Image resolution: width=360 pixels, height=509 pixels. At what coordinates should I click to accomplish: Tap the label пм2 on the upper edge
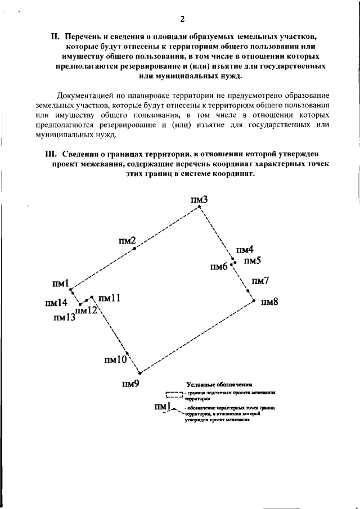[x=128, y=241]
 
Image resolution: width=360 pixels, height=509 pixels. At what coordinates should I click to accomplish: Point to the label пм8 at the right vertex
[x=270, y=301]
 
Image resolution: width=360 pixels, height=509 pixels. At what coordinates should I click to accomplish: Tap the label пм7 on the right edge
[x=260, y=281]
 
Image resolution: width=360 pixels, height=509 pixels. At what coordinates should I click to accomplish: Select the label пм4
[x=245, y=250]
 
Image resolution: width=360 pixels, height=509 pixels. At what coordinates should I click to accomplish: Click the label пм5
[x=252, y=261]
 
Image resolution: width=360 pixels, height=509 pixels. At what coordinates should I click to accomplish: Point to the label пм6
[x=219, y=267]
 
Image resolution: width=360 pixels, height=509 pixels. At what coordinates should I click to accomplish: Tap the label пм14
[x=56, y=303]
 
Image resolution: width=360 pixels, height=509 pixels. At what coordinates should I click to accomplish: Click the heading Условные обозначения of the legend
[x=220, y=384]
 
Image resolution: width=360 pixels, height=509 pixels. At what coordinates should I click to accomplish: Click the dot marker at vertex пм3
[x=198, y=208]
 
